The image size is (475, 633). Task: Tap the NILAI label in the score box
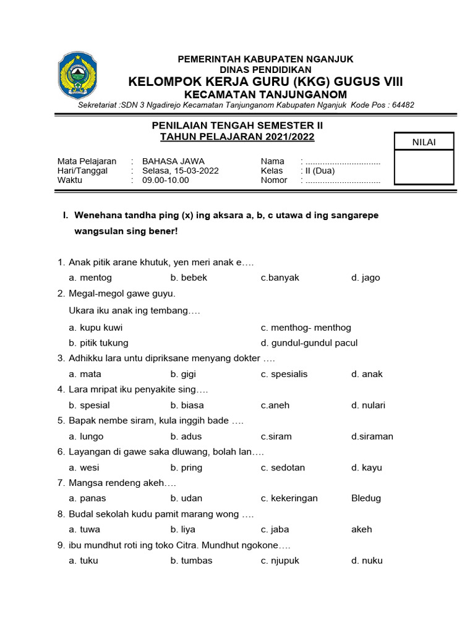pos(424,142)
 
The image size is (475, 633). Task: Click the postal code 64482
pos(399,105)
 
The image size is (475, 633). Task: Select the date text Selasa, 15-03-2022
pos(180,171)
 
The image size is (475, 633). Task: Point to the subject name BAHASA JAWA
pos(173,161)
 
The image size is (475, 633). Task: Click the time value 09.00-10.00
pos(166,181)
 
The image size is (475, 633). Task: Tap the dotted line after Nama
pos(343,162)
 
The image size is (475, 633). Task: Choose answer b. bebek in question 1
pos(189,278)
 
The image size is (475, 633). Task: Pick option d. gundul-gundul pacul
pos(309,343)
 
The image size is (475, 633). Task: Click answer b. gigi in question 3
pos(183,374)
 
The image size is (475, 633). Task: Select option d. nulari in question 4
pos(368,406)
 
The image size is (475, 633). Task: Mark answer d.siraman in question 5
pos(372,436)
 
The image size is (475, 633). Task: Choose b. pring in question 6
pos(186,468)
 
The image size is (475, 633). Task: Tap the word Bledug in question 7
pos(366,498)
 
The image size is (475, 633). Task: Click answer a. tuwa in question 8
pos(84,530)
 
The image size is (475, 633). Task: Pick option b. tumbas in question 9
pos(191,561)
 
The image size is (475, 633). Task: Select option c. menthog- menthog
pos(306,328)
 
